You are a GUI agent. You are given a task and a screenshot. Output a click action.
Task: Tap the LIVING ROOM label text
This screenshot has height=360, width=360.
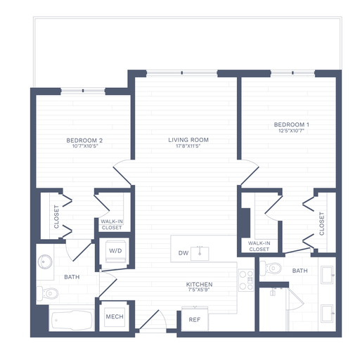pyautogui.click(x=188, y=140)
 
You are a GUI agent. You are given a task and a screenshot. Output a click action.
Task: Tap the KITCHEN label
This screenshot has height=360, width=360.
pyautogui.click(x=199, y=285)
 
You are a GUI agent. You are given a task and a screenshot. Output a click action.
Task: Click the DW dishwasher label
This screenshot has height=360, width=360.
pyautogui.click(x=184, y=252)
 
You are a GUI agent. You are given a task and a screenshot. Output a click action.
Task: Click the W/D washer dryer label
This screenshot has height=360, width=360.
pyautogui.click(x=115, y=251)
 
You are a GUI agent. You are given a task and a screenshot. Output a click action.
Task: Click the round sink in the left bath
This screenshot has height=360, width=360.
pyautogui.click(x=46, y=261)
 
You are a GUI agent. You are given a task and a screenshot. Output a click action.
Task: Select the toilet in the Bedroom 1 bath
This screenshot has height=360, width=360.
pyautogui.click(x=271, y=268)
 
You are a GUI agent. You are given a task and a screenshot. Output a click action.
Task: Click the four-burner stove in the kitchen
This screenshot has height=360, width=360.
pyautogui.click(x=246, y=281)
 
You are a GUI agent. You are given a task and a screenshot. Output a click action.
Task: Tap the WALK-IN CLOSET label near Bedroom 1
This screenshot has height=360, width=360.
pyautogui.click(x=259, y=246)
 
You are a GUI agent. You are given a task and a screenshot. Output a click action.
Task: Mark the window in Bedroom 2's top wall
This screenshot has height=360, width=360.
pyautogui.click(x=83, y=90)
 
